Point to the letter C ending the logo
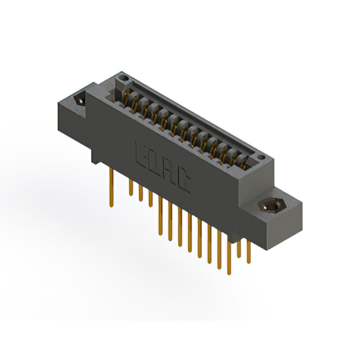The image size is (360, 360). click(183, 180)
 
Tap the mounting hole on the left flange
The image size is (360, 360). click(80, 100)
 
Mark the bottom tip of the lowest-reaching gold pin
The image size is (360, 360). click(228, 274)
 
